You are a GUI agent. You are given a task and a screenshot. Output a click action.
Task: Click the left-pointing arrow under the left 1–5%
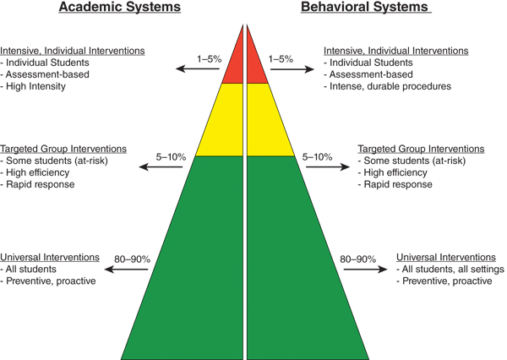tap(194, 69)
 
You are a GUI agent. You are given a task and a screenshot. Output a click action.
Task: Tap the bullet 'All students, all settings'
tap(453, 270)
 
